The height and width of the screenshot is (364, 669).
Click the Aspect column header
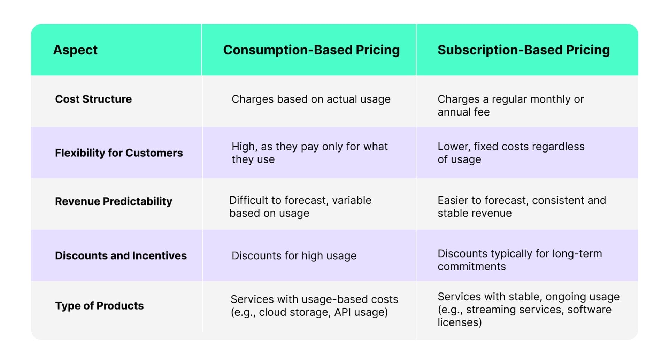[75, 50]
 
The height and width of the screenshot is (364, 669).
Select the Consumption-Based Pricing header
[311, 50]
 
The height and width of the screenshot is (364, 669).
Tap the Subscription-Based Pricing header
[524, 50]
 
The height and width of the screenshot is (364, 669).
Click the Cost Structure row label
[93, 99]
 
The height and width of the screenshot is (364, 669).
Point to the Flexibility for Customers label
[119, 153]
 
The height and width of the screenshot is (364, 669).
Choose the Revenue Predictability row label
[114, 201]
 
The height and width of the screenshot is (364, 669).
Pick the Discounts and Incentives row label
[121, 255]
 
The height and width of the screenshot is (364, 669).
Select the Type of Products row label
[99, 306]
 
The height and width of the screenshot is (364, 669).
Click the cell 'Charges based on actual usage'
[311, 99]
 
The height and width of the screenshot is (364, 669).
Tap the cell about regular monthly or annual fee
[510, 105]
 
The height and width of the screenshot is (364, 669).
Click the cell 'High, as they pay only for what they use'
[309, 153]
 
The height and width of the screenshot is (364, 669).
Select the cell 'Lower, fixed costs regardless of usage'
[511, 153]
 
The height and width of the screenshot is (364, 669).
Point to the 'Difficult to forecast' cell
[300, 207]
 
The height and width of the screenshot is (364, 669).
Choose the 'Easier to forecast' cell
[522, 207]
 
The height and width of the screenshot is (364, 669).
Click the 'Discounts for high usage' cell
[294, 256]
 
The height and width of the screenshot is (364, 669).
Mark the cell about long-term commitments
[520, 260]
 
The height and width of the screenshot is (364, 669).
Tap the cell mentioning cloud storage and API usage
[314, 306]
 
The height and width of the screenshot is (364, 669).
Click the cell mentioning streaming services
[529, 309]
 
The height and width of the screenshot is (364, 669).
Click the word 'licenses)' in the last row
[460, 322]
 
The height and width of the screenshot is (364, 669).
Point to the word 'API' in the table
[343, 312]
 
